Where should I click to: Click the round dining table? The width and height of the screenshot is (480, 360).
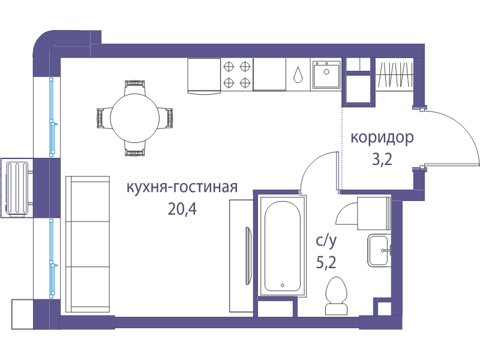(x=134, y=118)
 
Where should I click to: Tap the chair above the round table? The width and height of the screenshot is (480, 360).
(x=134, y=88)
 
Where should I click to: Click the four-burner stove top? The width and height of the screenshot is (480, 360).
(x=237, y=74)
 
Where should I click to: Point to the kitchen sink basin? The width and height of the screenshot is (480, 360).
(x=326, y=74)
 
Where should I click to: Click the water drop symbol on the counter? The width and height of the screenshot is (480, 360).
(x=298, y=74)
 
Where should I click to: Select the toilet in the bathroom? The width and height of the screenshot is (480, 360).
(x=337, y=296)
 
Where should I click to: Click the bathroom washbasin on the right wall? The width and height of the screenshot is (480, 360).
(x=380, y=250)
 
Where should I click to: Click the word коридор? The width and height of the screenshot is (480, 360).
(x=382, y=138)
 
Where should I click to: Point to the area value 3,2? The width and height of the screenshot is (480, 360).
(x=382, y=159)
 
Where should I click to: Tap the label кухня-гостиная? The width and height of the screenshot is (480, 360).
(x=182, y=187)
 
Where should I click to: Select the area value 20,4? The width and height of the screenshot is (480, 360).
(x=182, y=209)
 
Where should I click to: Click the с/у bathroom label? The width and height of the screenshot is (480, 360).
(x=326, y=242)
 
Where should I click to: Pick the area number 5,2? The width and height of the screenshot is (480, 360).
(x=326, y=262)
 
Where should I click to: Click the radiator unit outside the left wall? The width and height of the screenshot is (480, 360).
(x=17, y=188)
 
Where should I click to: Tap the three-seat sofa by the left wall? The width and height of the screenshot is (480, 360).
(x=88, y=244)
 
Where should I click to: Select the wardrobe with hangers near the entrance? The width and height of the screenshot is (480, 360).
(x=394, y=74)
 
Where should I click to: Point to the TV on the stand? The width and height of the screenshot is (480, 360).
(x=248, y=256)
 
